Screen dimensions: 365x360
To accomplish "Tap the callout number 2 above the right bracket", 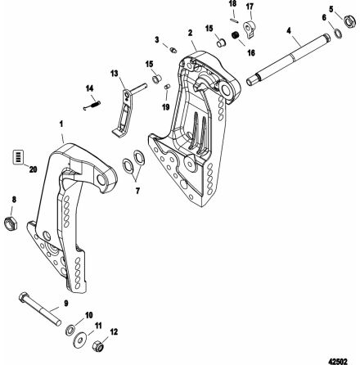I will [x=190, y=34].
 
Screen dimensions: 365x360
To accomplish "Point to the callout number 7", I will [x=137, y=191].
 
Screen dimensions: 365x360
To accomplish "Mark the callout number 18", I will [x=232, y=4].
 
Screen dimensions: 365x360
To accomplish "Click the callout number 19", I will [x=167, y=106].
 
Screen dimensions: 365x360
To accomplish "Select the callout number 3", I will [x=156, y=39].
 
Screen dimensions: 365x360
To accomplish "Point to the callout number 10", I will [x=89, y=313].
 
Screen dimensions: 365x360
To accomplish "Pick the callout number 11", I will [x=98, y=324].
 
